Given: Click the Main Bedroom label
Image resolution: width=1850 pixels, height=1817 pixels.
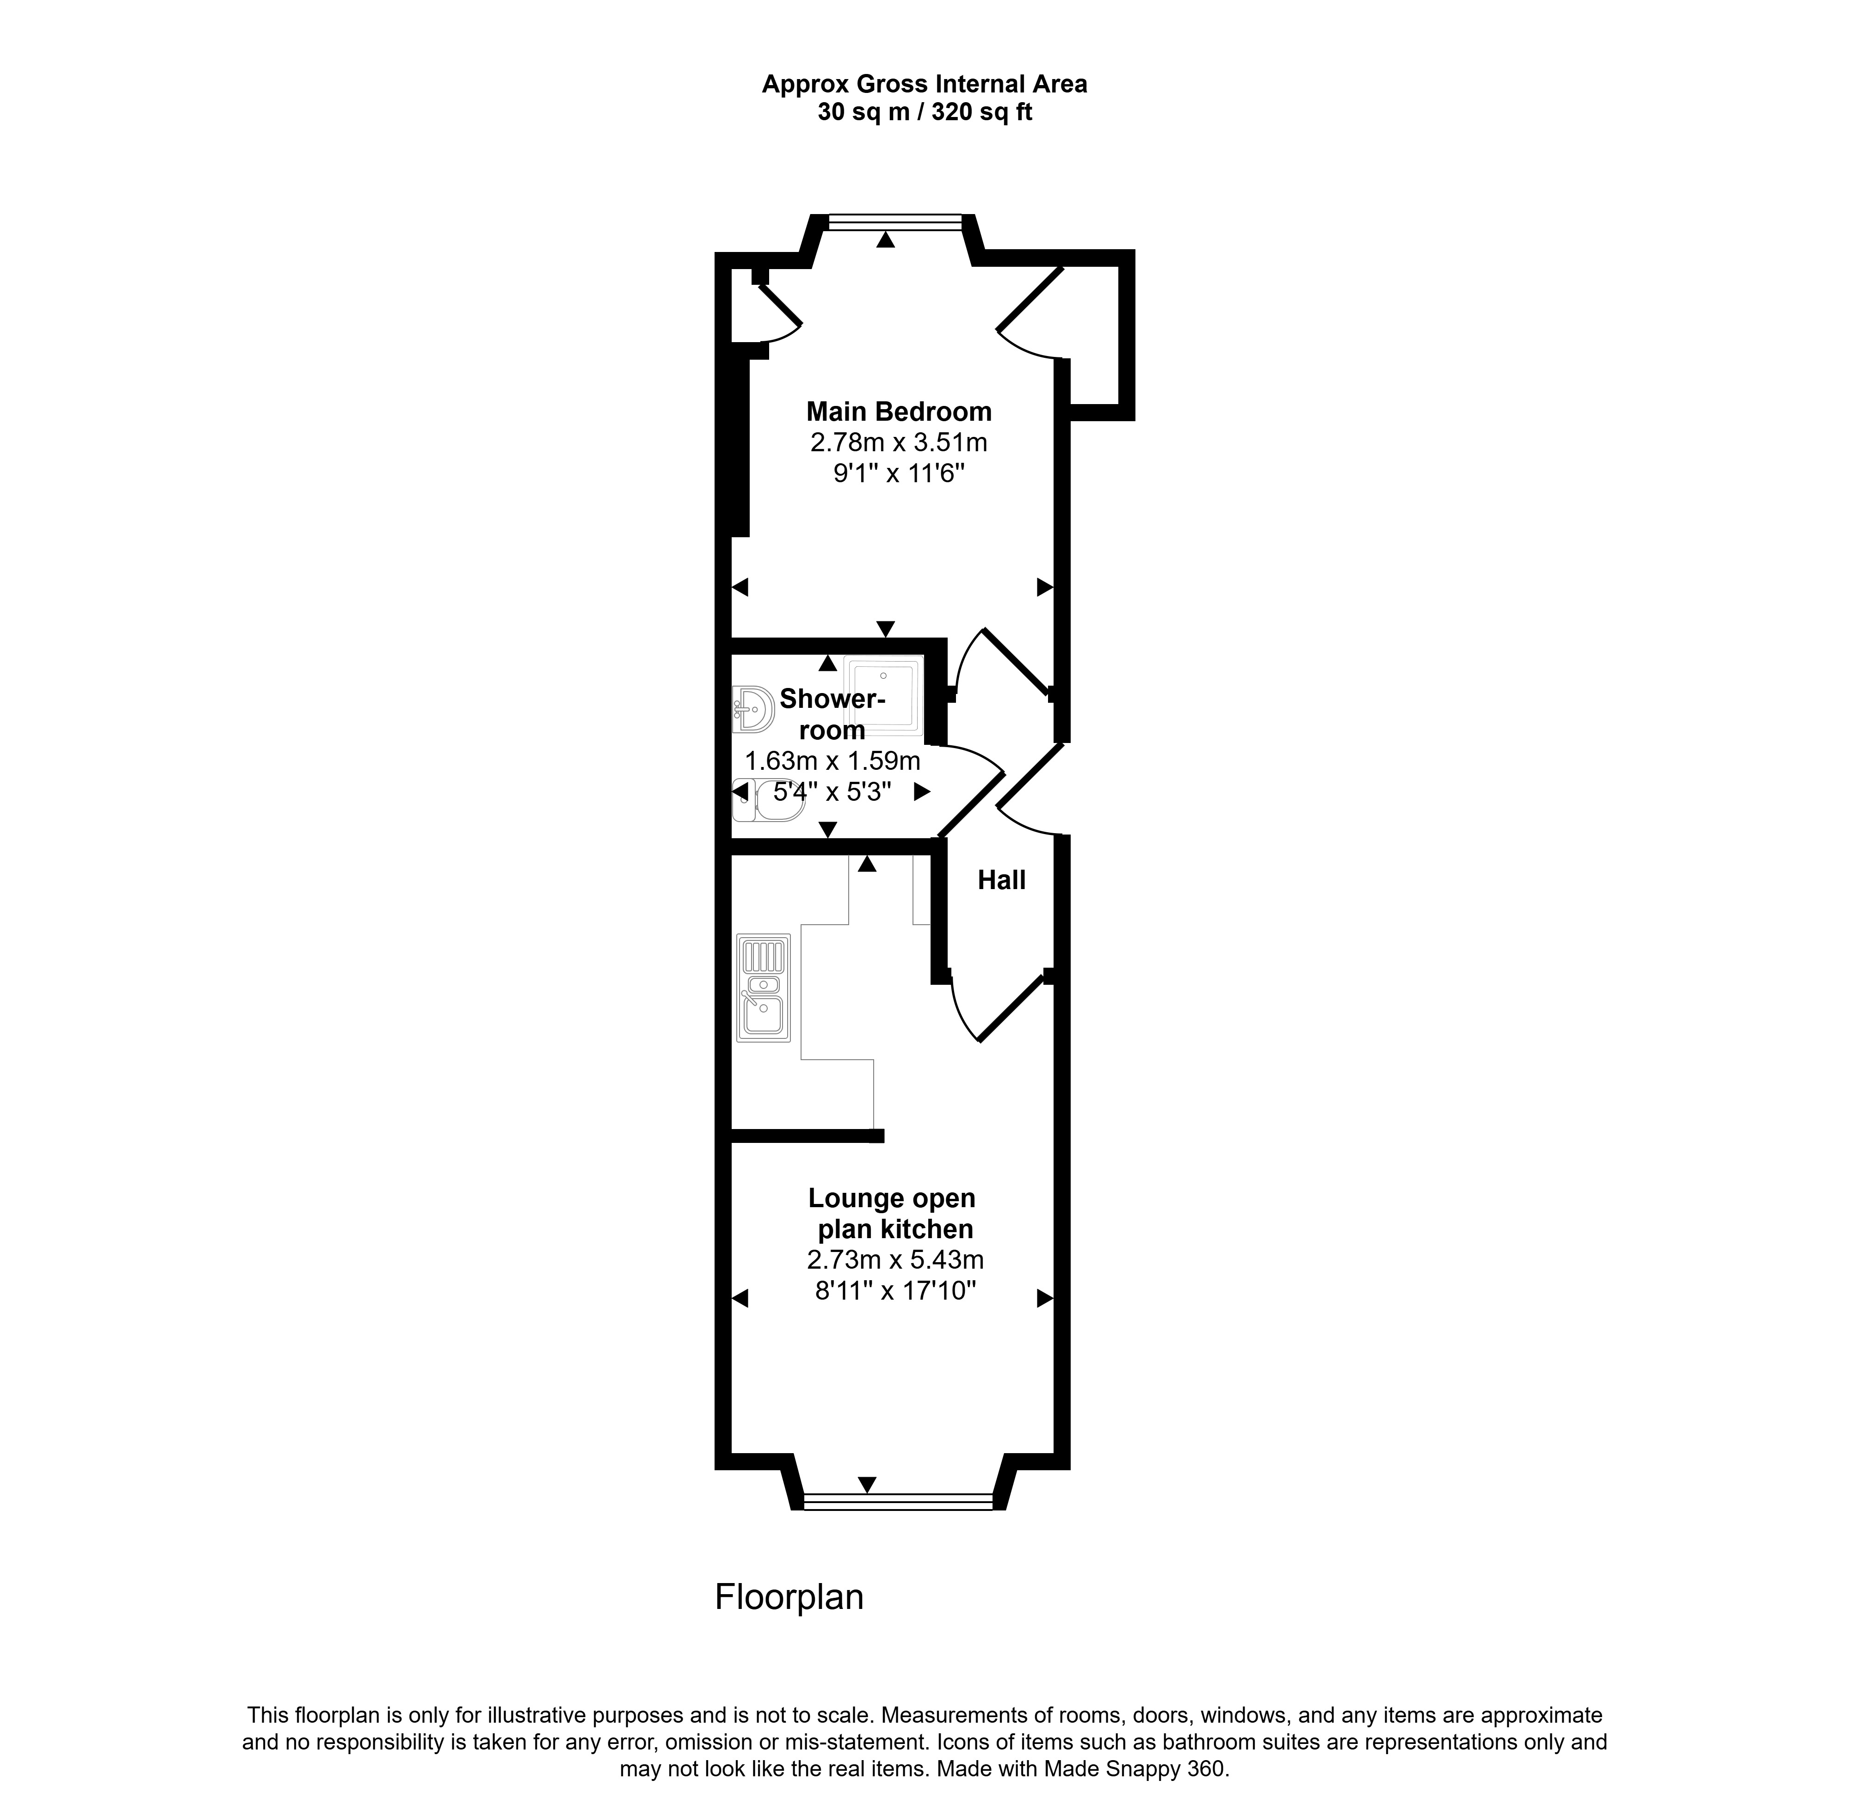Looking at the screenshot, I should click(898, 411).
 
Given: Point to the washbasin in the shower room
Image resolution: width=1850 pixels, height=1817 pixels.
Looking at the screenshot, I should click(753, 709).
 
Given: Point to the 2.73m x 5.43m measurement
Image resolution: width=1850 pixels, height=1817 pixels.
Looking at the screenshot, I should click(894, 1260).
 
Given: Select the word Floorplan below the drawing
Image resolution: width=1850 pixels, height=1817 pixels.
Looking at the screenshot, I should click(789, 1597).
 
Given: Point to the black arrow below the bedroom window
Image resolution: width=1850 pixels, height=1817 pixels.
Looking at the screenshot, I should click(886, 240).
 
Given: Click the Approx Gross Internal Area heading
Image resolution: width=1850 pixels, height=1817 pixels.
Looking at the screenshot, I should click(924, 84).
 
